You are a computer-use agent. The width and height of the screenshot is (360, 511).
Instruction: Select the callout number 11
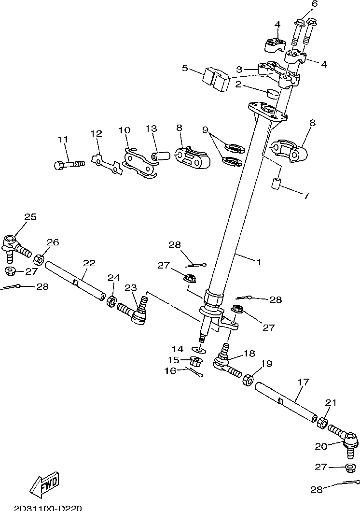pos(63,140)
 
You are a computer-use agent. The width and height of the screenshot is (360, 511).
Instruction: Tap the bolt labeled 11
pos(69,164)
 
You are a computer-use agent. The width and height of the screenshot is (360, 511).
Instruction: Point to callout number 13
pos(152,129)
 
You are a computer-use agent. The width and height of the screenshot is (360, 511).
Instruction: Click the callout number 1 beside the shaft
pos(259,262)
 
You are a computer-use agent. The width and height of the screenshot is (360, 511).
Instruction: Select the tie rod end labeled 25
pos(17,248)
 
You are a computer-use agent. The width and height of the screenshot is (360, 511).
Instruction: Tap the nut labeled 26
pos(39,259)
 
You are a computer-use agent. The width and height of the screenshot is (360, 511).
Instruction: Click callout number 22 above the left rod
pos(89,263)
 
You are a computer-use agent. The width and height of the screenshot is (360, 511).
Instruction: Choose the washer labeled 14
pos(199,350)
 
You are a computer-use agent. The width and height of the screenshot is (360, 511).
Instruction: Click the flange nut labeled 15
pos(196,361)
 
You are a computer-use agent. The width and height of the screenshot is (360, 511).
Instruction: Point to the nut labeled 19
pos(249,380)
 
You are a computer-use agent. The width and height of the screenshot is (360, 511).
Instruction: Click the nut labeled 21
pos(322,422)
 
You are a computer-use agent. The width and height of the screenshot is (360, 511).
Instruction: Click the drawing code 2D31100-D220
pos(47,508)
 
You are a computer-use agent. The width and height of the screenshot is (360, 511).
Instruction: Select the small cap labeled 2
pos(273,94)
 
